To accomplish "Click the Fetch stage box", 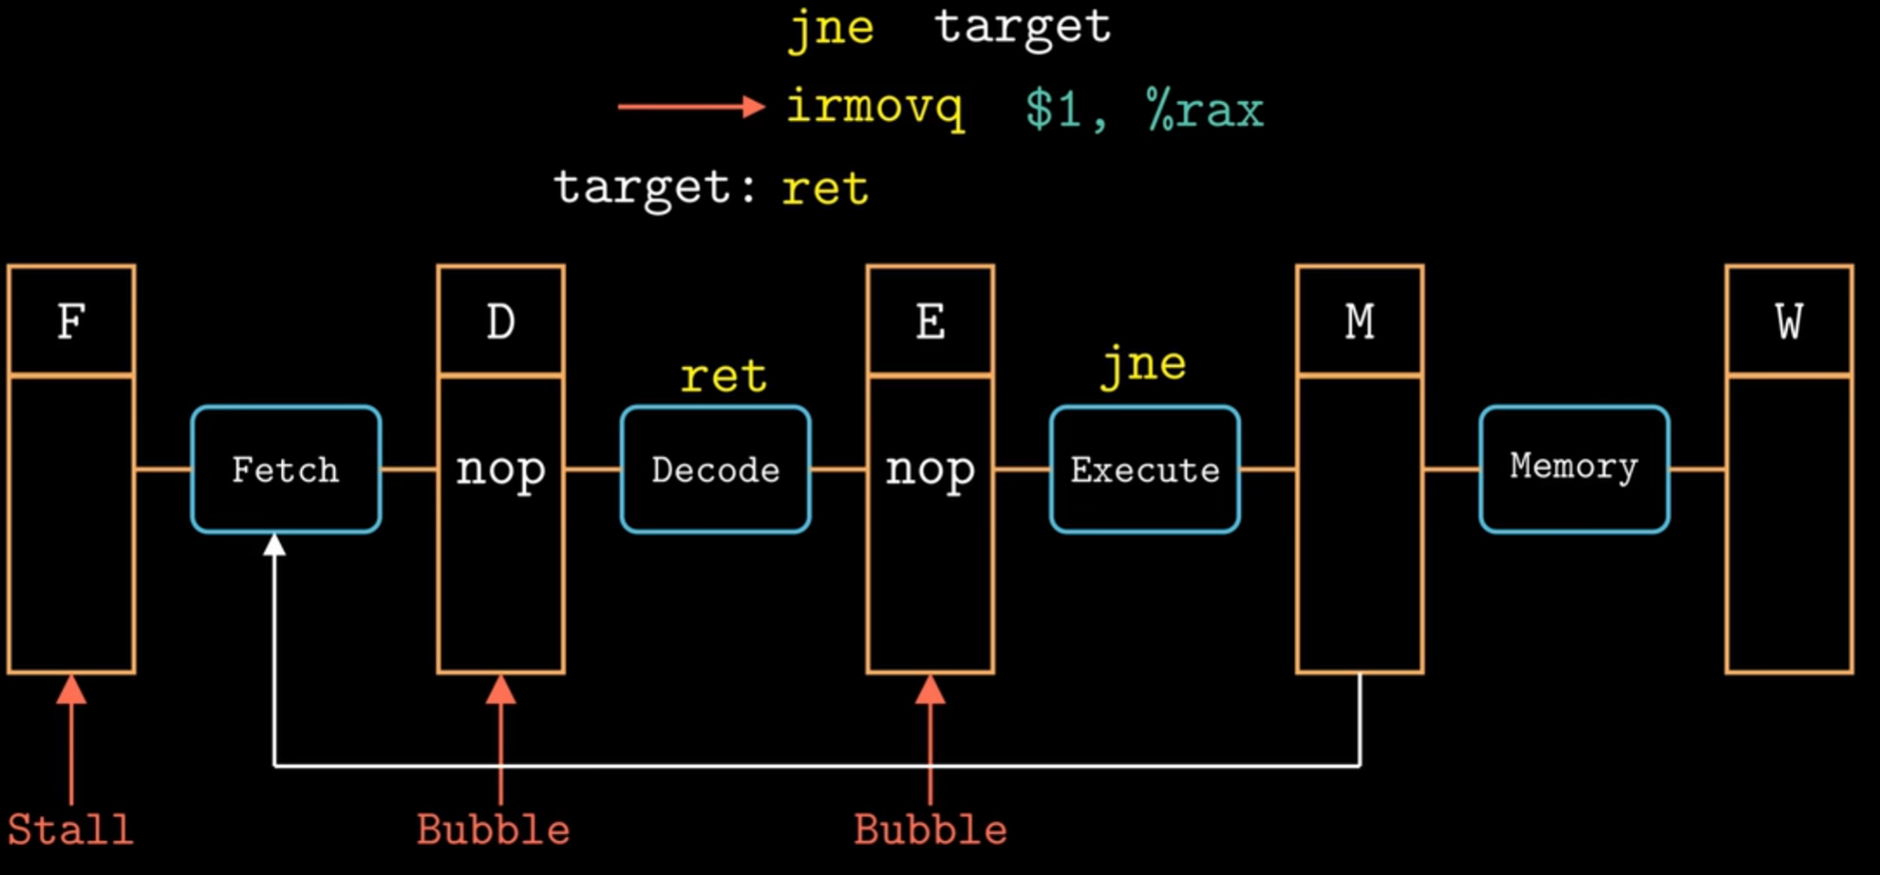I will coord(286,469).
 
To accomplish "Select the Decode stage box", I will coord(715,469).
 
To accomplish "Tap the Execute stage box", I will coord(1145,469).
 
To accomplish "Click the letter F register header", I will coord(72,321).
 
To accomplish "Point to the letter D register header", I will coord(500,321).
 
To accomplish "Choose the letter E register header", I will coord(930,321).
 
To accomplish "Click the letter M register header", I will coord(1359,321).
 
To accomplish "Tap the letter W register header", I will coord(1789,321).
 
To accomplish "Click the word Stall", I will coord(71,829).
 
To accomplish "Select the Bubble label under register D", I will coord(493,829).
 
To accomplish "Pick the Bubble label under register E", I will coord(930,829).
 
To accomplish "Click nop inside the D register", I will coord(500,470).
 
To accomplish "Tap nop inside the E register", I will coord(930,470).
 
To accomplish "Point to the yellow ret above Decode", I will coord(723,376).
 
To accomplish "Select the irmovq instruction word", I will coord(874,108).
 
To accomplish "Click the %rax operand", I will coord(1205,110).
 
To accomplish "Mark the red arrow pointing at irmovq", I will coord(692,107).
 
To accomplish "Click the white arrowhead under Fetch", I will coord(274,545).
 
